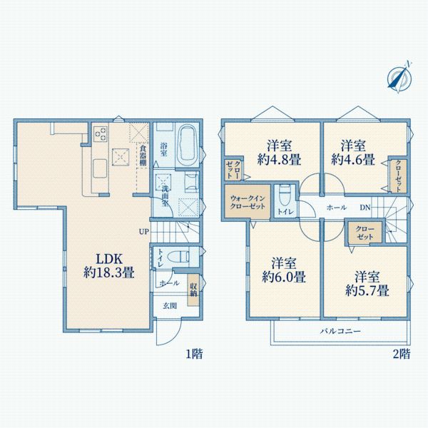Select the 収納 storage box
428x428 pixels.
tap(193, 290)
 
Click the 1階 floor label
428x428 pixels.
tap(193, 352)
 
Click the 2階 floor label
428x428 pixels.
tap(400, 352)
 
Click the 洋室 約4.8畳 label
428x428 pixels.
tap(272, 151)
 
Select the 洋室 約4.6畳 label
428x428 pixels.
tap(353, 151)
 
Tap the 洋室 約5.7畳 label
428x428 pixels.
tap(366, 282)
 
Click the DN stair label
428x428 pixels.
tap(365, 208)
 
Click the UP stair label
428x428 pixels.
tap(143, 231)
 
